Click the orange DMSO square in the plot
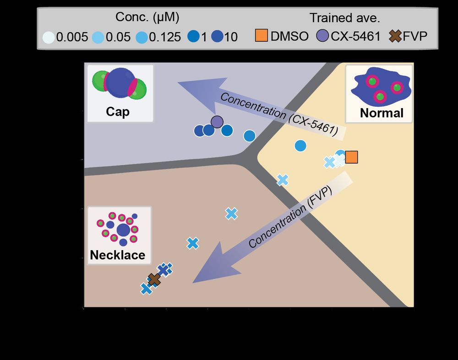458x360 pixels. (x=351, y=157)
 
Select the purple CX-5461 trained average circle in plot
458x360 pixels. (x=217, y=122)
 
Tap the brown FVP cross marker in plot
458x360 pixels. (x=154, y=279)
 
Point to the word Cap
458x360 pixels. (x=118, y=112)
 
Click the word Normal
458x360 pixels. (x=381, y=113)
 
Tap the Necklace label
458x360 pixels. (x=117, y=255)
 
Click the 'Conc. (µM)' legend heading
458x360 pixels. (x=147, y=18)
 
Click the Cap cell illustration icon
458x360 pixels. (x=119, y=84)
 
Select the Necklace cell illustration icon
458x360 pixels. (x=118, y=228)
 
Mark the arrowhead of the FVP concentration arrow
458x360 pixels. (x=206, y=270)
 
